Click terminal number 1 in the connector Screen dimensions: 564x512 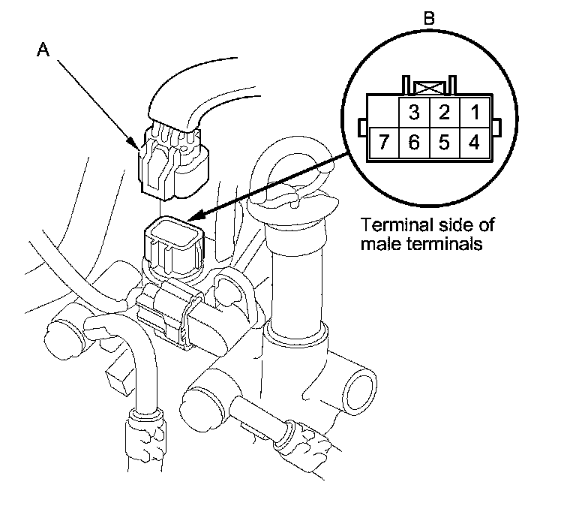tap(473, 112)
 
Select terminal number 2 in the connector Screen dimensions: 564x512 tap(444, 112)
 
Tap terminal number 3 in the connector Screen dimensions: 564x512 tap(413, 112)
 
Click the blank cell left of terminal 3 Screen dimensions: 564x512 tap(383, 112)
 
